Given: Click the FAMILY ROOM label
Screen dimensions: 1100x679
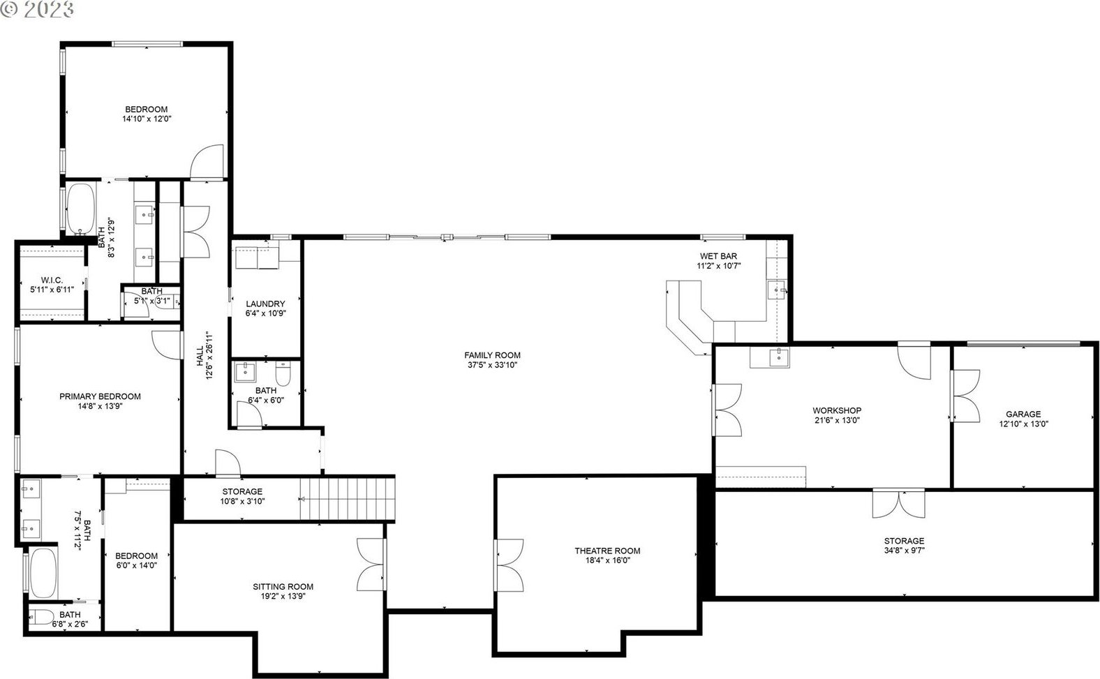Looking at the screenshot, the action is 492,355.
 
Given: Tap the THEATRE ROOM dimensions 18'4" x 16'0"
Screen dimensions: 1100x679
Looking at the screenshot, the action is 607,560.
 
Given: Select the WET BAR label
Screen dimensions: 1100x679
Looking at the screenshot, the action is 718,256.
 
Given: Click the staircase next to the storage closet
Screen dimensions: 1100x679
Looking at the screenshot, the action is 348,499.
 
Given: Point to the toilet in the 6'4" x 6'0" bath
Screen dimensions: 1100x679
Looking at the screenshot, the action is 283,373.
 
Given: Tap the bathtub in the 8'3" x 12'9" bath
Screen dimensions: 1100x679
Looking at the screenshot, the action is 80,209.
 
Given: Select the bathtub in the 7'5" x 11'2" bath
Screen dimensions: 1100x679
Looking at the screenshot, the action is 43,573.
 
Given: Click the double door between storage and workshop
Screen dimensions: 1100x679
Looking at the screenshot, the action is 899,503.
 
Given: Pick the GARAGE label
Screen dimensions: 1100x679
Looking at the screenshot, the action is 1023,414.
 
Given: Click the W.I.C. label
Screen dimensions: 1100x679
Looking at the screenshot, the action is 52,280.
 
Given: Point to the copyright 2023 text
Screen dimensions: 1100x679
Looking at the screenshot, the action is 37,9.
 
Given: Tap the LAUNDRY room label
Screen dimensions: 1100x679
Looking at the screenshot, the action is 265,304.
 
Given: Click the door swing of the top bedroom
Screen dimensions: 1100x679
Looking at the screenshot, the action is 207,161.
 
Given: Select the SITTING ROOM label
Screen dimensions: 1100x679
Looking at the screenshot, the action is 283,586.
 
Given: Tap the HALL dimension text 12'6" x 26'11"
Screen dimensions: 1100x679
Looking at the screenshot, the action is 209,355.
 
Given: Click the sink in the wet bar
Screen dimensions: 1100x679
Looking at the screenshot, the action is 777,290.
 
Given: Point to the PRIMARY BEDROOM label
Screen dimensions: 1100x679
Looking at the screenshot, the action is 101,396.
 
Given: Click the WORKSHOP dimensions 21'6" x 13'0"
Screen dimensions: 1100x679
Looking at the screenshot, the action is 837,420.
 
